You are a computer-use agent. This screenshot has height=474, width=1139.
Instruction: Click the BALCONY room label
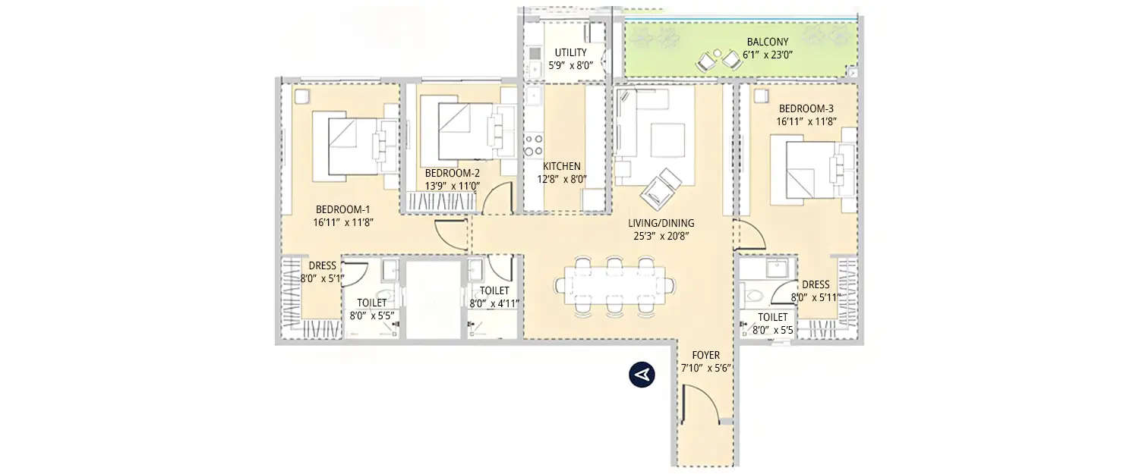tap(767, 42)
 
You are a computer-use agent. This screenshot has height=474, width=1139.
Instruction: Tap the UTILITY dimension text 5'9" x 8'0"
tap(570, 65)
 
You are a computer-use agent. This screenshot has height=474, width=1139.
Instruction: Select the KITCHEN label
tap(561, 166)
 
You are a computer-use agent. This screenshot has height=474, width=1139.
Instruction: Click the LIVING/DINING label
tap(661, 223)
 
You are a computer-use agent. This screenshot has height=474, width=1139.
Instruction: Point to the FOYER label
tap(705, 355)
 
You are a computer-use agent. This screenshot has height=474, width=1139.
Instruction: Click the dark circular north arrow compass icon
tap(642, 375)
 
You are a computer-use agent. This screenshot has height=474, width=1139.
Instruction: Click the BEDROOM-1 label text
tap(343, 209)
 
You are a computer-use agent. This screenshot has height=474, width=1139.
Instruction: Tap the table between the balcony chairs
tap(718, 55)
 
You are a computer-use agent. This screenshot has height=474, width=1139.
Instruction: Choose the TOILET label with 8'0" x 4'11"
tap(494, 290)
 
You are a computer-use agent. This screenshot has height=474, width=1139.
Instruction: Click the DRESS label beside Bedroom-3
tap(816, 284)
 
